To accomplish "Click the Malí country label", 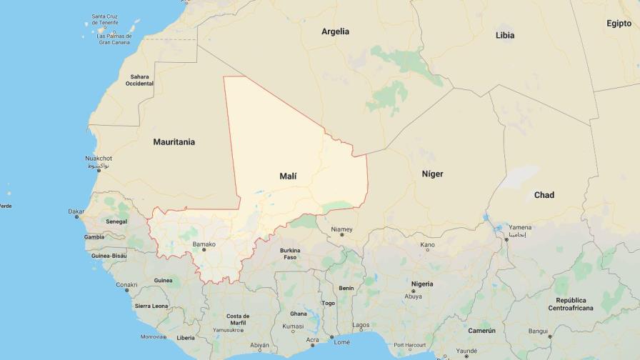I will [x=288, y=176].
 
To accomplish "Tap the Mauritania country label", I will [x=174, y=142].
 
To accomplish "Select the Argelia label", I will [x=335, y=31].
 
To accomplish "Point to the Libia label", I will [x=504, y=35].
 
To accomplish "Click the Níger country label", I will [x=432, y=174].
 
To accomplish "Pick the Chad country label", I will [x=544, y=195].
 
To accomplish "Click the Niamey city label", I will [x=341, y=229].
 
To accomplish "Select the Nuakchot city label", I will [x=99, y=158].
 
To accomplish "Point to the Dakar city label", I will [x=76, y=211].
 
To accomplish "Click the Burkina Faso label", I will [x=290, y=254].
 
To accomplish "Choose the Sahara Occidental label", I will [x=139, y=80].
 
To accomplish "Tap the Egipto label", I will [x=619, y=24].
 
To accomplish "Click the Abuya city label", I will [x=413, y=296].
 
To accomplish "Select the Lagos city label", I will [x=361, y=325].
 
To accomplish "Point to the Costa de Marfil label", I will [x=238, y=319].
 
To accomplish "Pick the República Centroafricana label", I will [x=571, y=304].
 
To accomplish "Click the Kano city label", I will [x=427, y=245].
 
